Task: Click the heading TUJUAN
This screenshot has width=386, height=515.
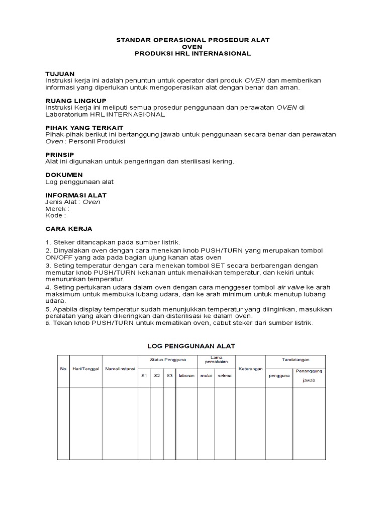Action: pyautogui.click(x=60, y=74)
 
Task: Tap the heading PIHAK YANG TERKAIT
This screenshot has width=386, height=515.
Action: pyautogui.click(x=84, y=128)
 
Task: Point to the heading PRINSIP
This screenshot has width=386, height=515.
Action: pyautogui.click(x=60, y=154)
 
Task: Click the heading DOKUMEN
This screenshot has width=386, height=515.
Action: pyautogui.click(x=64, y=175)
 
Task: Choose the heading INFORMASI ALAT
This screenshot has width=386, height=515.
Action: pyautogui.click(x=76, y=195)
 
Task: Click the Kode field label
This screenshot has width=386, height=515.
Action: pyautogui.click(x=56, y=215)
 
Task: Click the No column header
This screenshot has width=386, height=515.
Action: pyautogui.click(x=63, y=369)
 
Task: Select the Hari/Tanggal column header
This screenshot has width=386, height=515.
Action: pyautogui.click(x=86, y=369)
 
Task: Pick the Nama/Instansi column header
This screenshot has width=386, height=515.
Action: pyautogui.click(x=120, y=369)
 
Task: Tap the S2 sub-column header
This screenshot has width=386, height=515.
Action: pyautogui.click(x=157, y=376)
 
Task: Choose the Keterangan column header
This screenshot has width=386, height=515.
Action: pyautogui.click(x=250, y=369)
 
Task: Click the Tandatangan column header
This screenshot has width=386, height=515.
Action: pyautogui.click(x=296, y=360)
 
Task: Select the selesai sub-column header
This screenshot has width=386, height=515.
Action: pyautogui.click(x=225, y=376)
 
